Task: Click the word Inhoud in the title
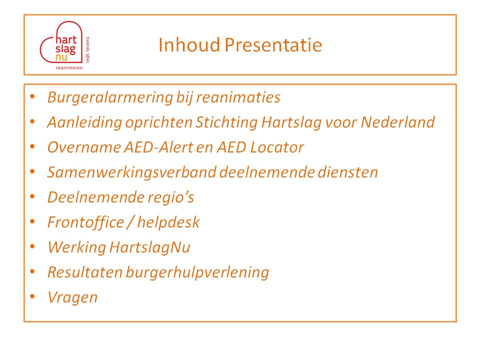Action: pos(189,44)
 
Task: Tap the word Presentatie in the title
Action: pos(273,44)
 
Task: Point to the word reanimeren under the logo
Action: pos(69,67)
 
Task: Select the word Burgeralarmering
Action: pos(110,98)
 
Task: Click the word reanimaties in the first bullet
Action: pos(238,97)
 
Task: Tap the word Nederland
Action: pos(397,122)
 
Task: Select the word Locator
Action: pos(276,147)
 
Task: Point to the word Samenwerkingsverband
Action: pos(131,172)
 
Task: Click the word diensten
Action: pos(348,172)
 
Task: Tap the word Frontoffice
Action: pos(85,222)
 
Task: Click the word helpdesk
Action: pos(168,222)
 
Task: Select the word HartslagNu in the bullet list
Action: pos(149,247)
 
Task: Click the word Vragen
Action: pos(72,297)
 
